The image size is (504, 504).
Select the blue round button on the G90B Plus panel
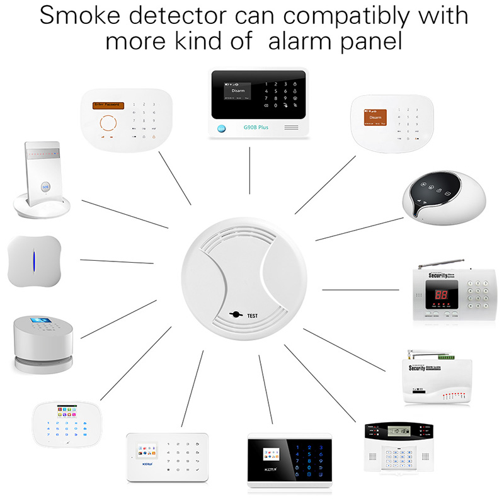point(221,129)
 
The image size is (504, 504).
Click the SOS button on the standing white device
point(45,186)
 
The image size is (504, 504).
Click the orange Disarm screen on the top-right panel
point(376,118)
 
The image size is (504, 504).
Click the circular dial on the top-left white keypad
point(110,122)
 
